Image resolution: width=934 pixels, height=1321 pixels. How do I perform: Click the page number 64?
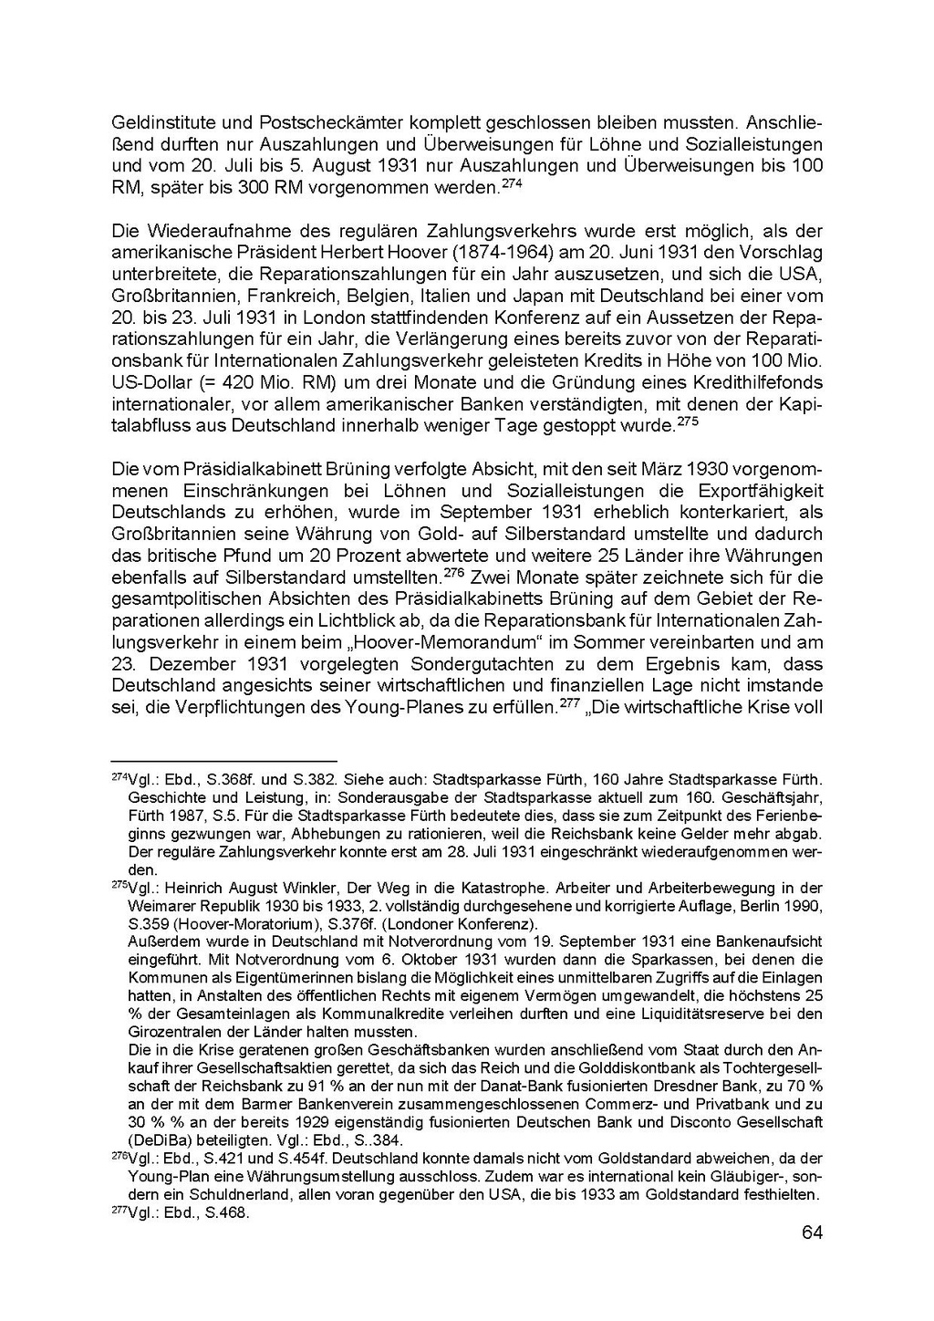coord(812,1233)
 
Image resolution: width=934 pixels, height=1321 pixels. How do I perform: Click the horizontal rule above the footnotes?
coord(223,761)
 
